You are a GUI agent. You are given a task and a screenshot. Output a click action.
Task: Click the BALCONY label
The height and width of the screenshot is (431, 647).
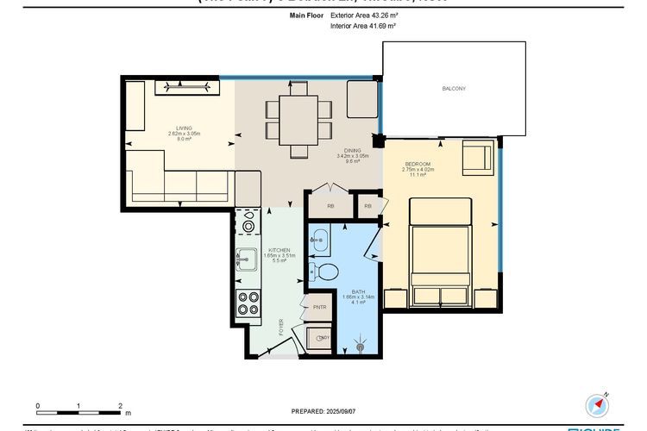click(x=454, y=89)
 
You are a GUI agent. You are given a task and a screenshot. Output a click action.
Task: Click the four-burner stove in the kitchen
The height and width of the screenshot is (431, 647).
click(x=248, y=303)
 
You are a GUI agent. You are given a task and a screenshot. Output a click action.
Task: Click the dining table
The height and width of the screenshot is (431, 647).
click(x=298, y=119)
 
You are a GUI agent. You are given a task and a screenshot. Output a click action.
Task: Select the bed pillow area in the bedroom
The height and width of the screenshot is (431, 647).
click(x=439, y=212)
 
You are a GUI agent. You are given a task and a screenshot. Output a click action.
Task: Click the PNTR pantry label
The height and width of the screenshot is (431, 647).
click(x=319, y=307)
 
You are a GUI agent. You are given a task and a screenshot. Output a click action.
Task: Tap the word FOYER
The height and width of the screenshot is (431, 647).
click(x=281, y=327)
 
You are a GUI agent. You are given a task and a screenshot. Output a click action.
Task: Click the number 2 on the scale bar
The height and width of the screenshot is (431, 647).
click(x=119, y=404)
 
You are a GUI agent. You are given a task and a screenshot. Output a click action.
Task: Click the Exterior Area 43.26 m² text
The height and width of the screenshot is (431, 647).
click(x=362, y=16)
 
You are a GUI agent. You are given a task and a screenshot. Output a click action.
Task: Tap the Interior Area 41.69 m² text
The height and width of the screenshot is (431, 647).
click(x=362, y=27)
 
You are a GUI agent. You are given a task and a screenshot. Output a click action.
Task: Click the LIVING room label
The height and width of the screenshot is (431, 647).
click(x=184, y=128)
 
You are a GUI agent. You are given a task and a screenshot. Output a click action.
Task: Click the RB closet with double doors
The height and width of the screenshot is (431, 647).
click(x=330, y=206)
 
